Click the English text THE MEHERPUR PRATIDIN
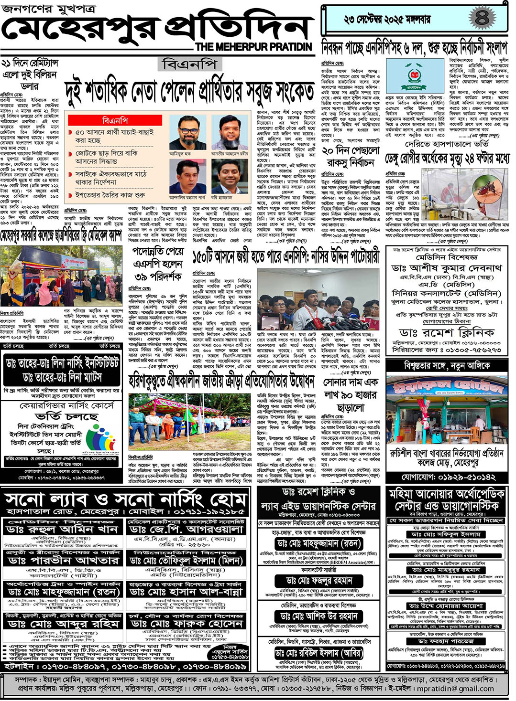point(253,47)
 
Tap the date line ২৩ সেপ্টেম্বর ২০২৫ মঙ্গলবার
point(387,20)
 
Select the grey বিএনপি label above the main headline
point(189,64)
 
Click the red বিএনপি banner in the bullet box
point(115,120)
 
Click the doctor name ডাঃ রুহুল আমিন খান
point(62,530)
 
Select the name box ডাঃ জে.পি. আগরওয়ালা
point(186,530)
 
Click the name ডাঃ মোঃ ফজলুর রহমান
point(319,581)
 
